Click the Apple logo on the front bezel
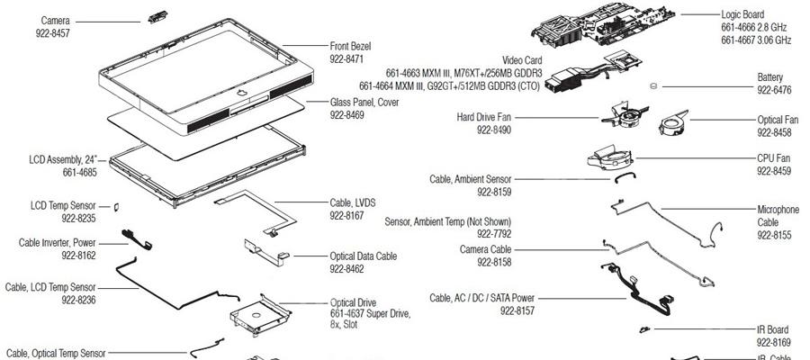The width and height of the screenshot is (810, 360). [240, 92]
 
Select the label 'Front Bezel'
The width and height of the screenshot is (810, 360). [350, 46]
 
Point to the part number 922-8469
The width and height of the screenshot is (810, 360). [347, 115]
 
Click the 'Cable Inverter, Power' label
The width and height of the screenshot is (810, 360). [58, 242]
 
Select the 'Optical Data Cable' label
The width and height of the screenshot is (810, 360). [363, 256]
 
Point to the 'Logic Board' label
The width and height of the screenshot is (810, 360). [742, 14]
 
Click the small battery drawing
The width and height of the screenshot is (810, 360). [652, 86]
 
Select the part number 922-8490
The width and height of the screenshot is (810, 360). [494, 130]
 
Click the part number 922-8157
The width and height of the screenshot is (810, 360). [492, 310]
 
